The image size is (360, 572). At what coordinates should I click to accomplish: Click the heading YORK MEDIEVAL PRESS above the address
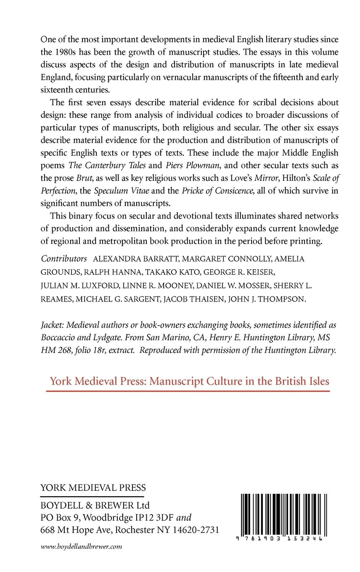click(x=93, y=488)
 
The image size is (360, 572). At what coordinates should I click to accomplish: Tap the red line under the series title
click(x=188, y=392)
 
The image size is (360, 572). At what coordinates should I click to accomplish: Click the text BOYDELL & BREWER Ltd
click(x=95, y=505)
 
